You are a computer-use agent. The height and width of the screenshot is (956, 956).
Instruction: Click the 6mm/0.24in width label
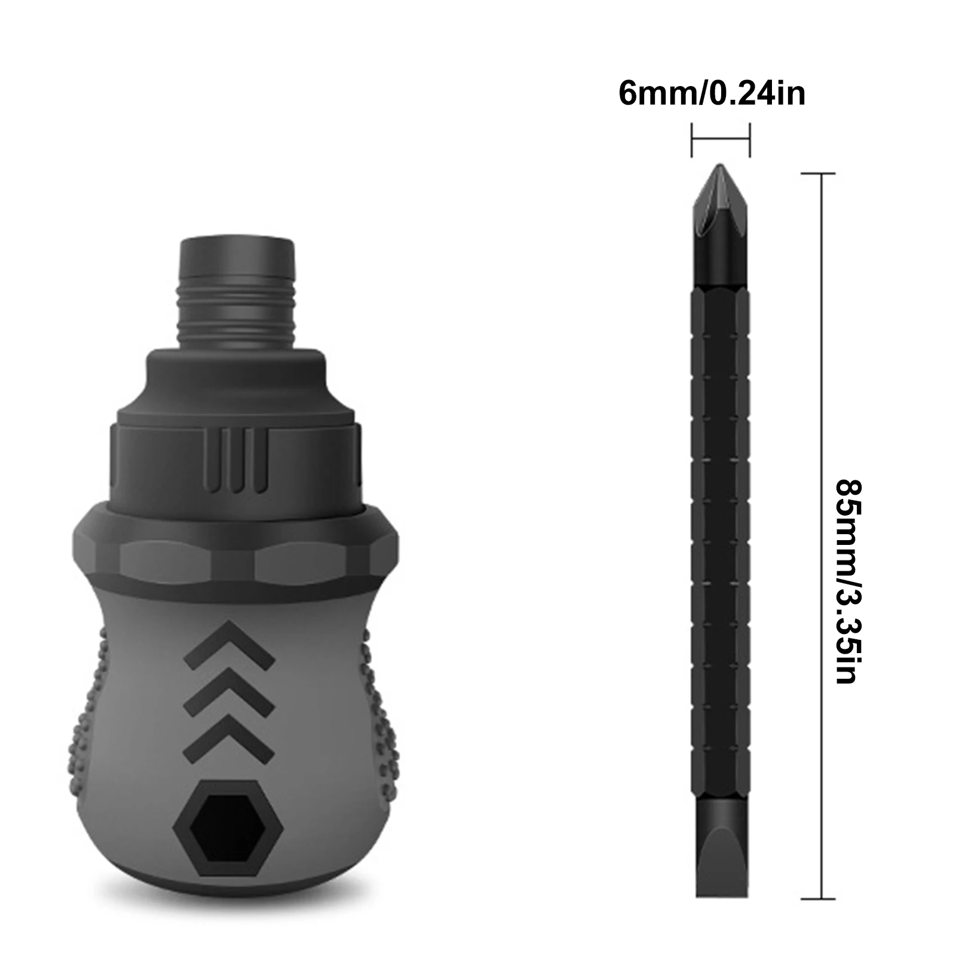coord(712,94)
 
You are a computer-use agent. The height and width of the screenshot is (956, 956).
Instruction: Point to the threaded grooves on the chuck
coord(238,317)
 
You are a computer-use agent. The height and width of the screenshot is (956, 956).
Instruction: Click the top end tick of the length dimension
coord(818,173)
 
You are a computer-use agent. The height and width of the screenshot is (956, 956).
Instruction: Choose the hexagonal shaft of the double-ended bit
coord(721,538)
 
